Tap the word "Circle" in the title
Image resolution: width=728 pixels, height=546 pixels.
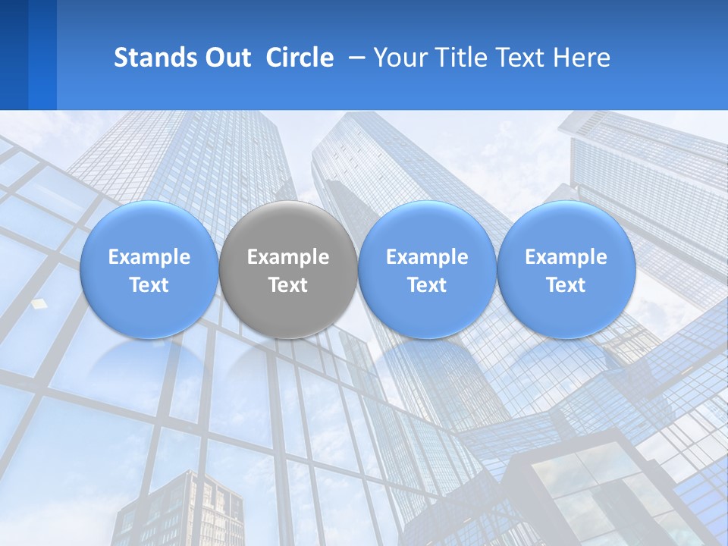(300, 58)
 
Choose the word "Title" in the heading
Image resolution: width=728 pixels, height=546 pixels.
(457, 58)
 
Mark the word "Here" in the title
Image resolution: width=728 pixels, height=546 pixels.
(582, 58)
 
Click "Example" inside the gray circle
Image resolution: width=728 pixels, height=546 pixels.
(287, 257)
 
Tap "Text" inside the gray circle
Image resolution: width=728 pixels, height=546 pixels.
(287, 285)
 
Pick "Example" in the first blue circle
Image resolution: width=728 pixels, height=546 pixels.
(149, 257)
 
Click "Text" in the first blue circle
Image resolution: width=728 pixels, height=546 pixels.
(149, 285)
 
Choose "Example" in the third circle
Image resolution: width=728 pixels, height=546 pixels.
(427, 257)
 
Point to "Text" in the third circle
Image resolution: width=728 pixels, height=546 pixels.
(427, 285)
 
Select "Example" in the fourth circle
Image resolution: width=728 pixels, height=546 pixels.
(566, 257)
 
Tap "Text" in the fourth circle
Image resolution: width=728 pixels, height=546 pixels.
(566, 285)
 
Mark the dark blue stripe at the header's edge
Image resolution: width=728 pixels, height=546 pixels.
(14, 55)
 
